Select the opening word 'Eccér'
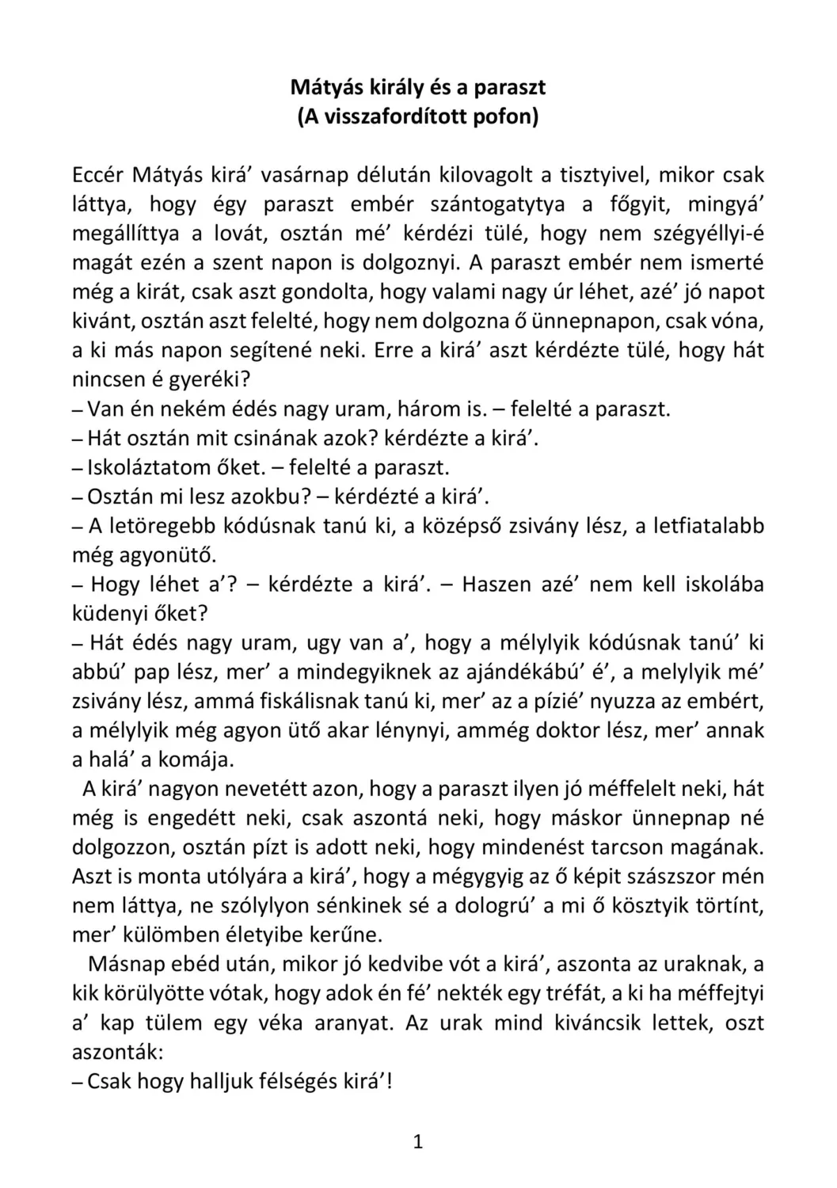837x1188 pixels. click(97, 175)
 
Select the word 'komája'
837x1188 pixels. click(196, 760)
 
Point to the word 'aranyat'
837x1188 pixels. click(348, 1022)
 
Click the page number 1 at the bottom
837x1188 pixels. click(418, 1141)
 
